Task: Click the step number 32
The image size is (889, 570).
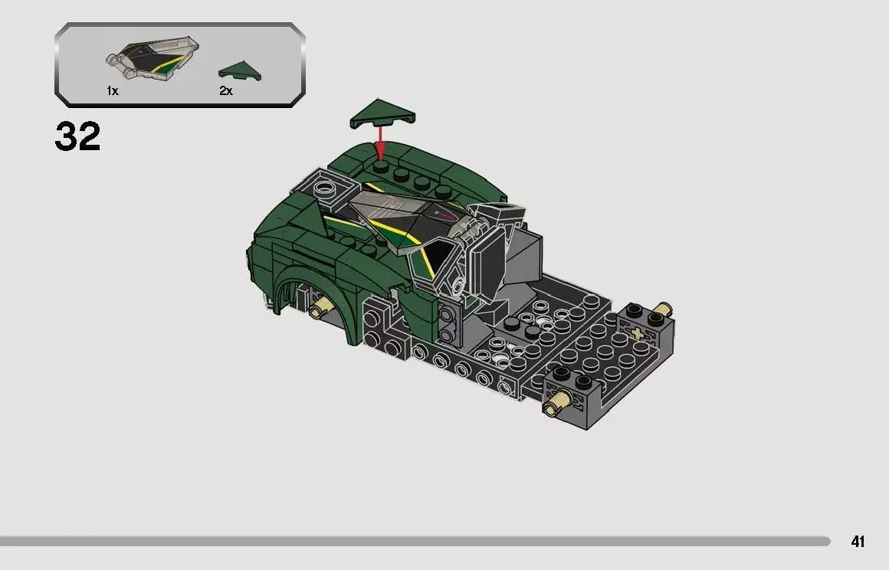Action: (x=77, y=136)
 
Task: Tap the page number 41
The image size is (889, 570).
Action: (x=858, y=542)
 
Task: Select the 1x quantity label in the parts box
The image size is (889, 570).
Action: (x=113, y=91)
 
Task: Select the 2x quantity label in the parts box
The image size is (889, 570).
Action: (x=225, y=91)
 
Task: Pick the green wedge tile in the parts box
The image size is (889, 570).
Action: (x=238, y=72)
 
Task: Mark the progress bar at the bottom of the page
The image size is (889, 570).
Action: (x=414, y=542)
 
